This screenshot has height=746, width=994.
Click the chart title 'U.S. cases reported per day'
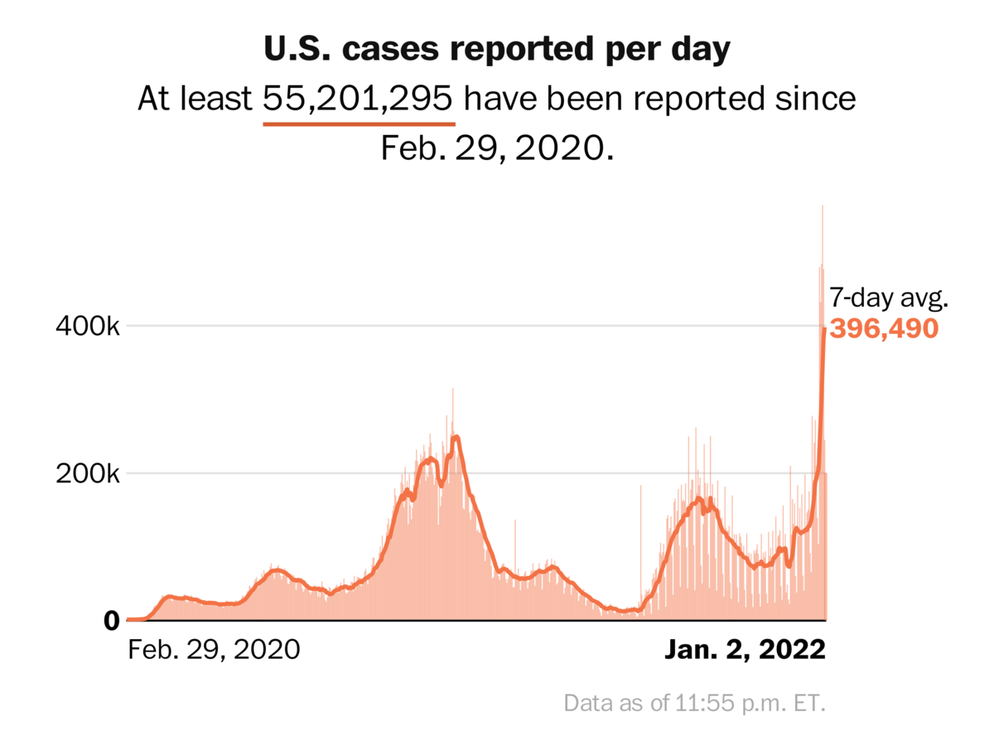click(x=497, y=50)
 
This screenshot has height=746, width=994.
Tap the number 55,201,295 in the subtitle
click(x=359, y=99)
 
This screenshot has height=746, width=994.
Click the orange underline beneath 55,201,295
click(x=359, y=124)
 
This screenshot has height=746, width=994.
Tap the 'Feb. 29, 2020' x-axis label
click(x=214, y=649)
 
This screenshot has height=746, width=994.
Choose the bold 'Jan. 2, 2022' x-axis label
click(x=745, y=649)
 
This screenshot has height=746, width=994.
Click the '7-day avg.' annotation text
click(x=881, y=298)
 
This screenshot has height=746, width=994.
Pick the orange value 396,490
click(x=884, y=329)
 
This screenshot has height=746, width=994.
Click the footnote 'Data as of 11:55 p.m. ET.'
click(x=695, y=704)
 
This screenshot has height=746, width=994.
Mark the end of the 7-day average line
click(x=824, y=329)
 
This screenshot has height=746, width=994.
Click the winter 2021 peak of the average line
click(x=456, y=437)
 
